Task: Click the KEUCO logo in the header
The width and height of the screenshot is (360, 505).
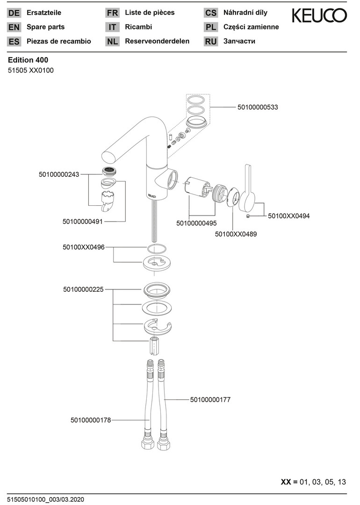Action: [x=319, y=15]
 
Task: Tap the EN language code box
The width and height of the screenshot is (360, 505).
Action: [x=14, y=28]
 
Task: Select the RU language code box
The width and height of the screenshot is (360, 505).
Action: [x=210, y=42]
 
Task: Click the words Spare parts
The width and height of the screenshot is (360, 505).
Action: [x=46, y=27]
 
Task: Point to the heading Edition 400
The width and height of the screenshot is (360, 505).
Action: [x=28, y=60]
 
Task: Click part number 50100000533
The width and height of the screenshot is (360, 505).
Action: [x=258, y=107]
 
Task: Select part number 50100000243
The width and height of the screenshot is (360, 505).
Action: [x=59, y=174]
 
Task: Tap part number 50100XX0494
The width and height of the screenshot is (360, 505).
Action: [x=289, y=216]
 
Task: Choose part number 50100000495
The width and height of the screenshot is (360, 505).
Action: [x=196, y=223]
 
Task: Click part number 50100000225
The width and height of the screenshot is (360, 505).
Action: [x=83, y=289]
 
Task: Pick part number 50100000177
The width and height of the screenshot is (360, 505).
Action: [x=210, y=400]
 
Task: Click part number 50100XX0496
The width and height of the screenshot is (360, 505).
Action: [x=84, y=247]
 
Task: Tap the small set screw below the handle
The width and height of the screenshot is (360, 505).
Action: [x=248, y=216]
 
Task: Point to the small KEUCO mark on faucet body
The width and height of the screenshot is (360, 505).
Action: [x=151, y=195]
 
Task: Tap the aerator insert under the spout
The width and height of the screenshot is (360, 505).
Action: [x=108, y=171]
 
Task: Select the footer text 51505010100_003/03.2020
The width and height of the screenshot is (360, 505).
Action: [x=45, y=499]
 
